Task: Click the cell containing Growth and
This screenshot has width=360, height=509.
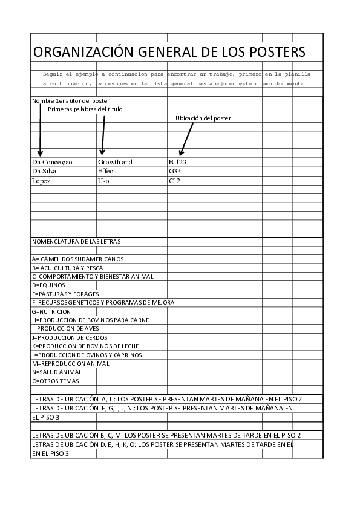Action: pos(115,162)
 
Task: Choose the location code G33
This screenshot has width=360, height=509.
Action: pos(175,171)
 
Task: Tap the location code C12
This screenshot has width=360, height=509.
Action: pos(174,180)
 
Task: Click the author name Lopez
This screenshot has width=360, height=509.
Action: pos(41,180)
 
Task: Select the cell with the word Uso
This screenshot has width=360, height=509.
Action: pos(103,180)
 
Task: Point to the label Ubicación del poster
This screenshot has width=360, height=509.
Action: pos(203,118)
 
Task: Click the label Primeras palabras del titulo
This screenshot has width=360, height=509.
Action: pos(85,109)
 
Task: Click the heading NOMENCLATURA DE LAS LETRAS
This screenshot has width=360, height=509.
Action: pos(76,242)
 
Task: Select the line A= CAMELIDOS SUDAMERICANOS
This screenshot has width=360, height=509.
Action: pos(77,259)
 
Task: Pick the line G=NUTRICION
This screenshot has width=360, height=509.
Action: pos(51,311)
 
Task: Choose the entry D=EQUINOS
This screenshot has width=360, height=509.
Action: pos(48,285)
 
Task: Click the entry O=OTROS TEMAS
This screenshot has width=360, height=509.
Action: pos(56,381)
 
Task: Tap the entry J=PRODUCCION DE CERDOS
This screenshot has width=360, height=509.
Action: pos(70,337)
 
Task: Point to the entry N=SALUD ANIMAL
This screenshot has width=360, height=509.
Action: pos(56,372)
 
